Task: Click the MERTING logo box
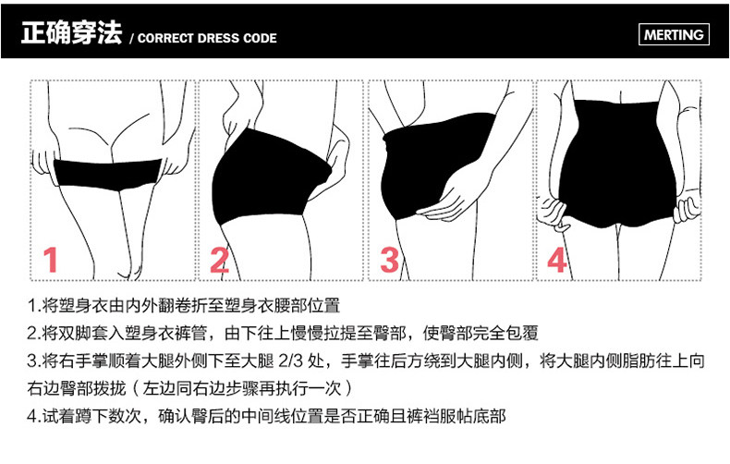[x=673, y=36]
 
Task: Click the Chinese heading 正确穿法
[x=71, y=36]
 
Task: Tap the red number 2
[x=219, y=261]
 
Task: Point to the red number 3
[x=389, y=261]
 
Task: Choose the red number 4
[x=556, y=261]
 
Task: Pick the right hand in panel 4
[x=685, y=209]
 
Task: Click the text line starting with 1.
[x=185, y=305]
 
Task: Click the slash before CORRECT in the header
[x=132, y=39]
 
